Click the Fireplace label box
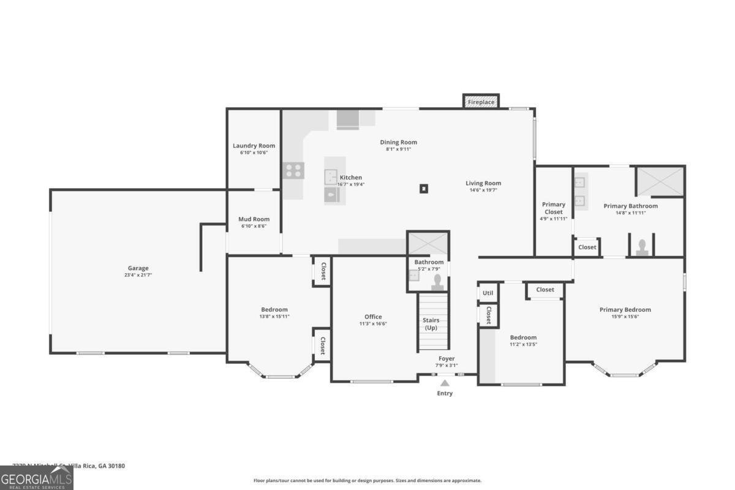point(481,102)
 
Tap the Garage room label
point(138,268)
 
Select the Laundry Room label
point(254,146)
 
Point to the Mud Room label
point(254,219)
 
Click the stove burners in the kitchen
point(293,170)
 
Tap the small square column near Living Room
point(424,189)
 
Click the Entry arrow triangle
point(445,383)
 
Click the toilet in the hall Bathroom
point(438,281)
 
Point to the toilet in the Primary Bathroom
point(641,247)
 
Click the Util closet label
point(488,293)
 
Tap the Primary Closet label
point(553,208)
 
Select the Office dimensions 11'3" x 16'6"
point(373,324)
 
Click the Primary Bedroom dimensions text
point(625,317)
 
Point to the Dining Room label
point(398,142)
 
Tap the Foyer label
point(447,359)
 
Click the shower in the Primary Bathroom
point(660,181)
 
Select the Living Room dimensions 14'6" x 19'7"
point(483,190)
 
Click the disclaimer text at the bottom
point(367,481)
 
